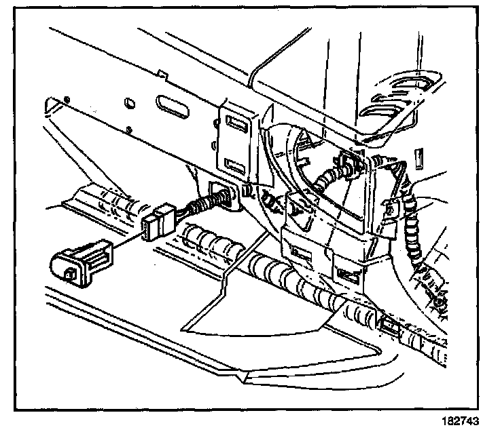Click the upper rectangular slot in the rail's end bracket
[x=238, y=124]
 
